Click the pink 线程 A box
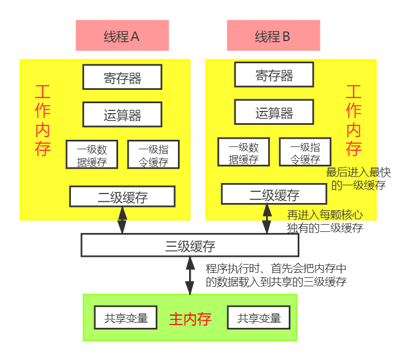[x=122, y=36]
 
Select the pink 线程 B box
[x=273, y=36]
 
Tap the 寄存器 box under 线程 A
[x=122, y=77]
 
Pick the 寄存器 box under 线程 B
[x=274, y=74]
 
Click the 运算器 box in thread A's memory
[x=122, y=115]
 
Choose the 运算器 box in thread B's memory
[x=274, y=112]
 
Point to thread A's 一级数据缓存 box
[x=92, y=155]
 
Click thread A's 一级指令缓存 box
[x=154, y=155]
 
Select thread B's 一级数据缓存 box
[x=243, y=152]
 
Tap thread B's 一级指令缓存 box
[x=305, y=152]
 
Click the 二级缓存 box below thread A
[x=122, y=196]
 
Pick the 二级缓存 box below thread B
[x=274, y=194]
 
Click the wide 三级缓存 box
[x=190, y=245]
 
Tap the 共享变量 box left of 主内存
[x=126, y=318]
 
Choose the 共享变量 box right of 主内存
[x=259, y=318]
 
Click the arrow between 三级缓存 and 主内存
[x=190, y=275]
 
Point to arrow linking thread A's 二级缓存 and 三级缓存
[x=122, y=220]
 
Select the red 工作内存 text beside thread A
[x=43, y=120]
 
